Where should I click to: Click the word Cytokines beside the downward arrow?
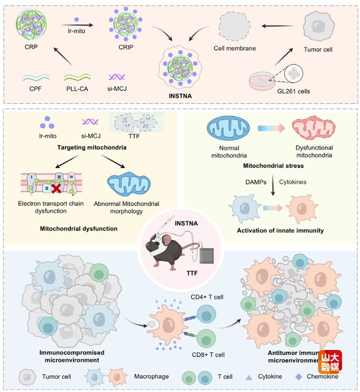click(292, 182)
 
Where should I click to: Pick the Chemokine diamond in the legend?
click(299, 376)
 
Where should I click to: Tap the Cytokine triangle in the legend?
click(249, 377)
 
